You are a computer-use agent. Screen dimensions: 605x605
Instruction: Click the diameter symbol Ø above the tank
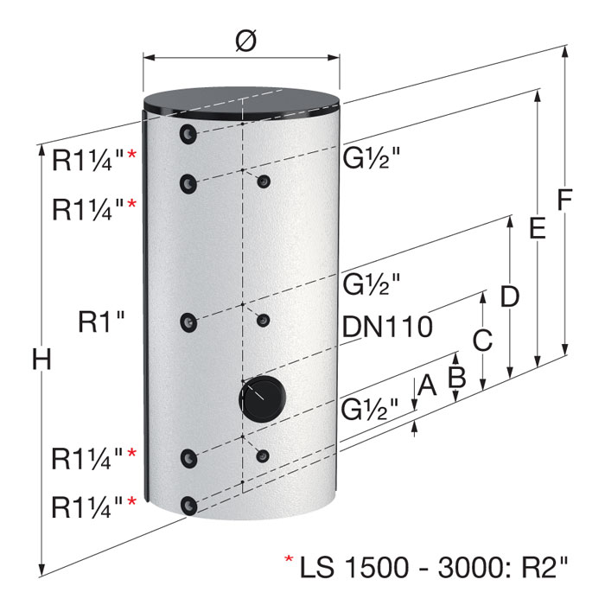(245, 41)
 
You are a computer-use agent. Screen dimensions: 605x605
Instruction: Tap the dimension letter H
(41, 360)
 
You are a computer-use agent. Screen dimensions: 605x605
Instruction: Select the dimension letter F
(564, 200)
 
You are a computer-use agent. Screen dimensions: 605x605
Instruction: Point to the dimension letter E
(537, 227)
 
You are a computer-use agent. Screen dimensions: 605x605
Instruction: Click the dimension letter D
(509, 296)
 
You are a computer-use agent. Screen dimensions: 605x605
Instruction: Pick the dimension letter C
(482, 340)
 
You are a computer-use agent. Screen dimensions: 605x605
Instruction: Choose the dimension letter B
(457, 376)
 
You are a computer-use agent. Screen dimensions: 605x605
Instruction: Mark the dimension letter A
(427, 385)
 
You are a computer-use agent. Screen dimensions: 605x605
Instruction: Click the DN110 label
(387, 327)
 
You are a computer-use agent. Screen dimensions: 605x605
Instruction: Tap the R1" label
(101, 322)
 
